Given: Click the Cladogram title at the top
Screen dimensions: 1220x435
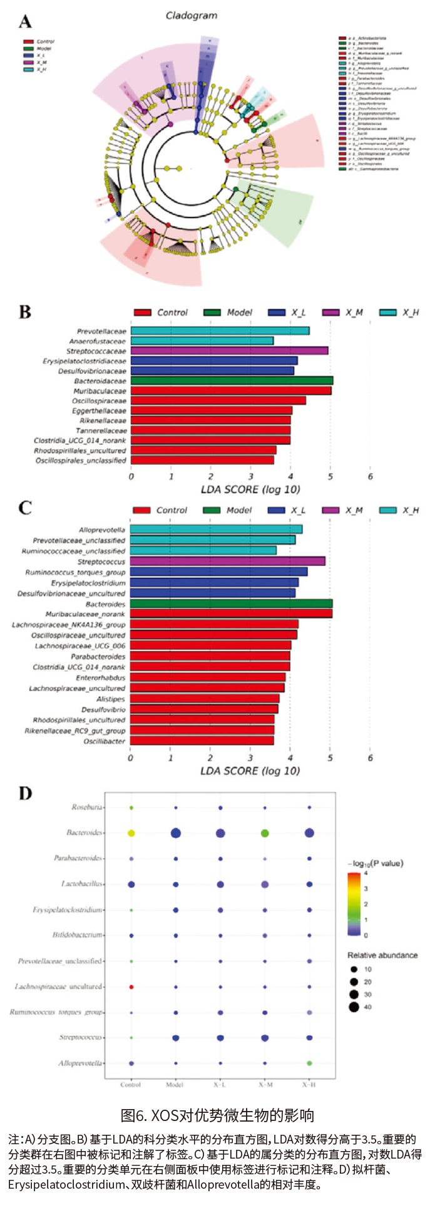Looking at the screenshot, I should (x=192, y=15).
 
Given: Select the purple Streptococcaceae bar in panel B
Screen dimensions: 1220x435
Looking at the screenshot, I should (x=229, y=351).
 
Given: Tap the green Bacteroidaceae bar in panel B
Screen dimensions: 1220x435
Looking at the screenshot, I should (x=232, y=380).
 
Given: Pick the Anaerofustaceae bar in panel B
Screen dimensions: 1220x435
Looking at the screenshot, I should (x=202, y=341).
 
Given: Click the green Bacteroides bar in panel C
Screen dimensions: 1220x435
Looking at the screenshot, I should (x=231, y=604).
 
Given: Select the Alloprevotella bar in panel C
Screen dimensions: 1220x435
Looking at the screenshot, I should (x=216, y=529).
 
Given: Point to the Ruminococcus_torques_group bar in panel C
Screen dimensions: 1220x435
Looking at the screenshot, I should (x=218, y=572).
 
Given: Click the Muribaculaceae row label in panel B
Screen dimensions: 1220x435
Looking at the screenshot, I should (x=100, y=391).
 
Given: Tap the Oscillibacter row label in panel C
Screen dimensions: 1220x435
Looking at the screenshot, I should (x=105, y=741).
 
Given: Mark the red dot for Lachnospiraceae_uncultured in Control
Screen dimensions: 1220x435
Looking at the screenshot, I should (x=131, y=987).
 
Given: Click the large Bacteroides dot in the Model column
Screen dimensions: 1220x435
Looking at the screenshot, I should (x=176, y=833).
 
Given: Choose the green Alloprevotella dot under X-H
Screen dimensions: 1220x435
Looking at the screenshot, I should (x=309, y=1063).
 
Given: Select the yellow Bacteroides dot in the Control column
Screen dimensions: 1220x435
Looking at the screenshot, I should (x=131, y=833).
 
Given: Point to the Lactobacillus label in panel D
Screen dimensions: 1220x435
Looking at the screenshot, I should (x=82, y=884).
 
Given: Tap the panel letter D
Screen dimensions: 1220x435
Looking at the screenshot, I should (x=26, y=794).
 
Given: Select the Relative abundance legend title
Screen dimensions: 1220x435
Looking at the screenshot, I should (x=382, y=956).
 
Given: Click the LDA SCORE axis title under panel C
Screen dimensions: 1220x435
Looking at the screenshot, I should (x=250, y=771).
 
